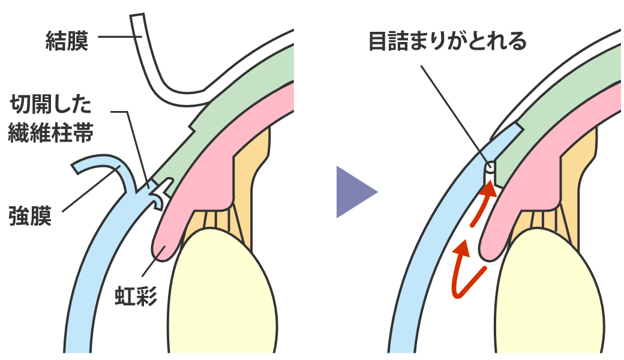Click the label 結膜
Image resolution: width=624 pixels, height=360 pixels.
(x=67, y=41)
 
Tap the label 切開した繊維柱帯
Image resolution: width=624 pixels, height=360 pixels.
(x=50, y=120)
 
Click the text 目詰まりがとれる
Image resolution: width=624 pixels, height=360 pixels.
(x=447, y=41)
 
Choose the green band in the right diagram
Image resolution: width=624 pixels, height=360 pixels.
(x=564, y=90)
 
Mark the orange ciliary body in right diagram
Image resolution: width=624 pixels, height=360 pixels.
(x=576, y=174)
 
